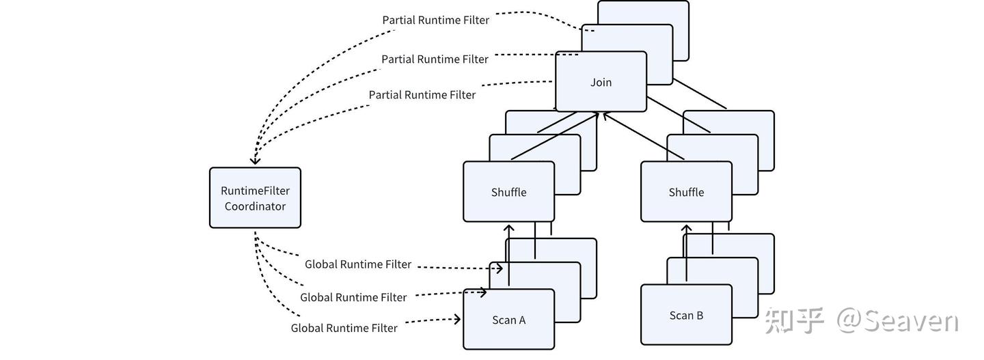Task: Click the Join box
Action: pos(601,82)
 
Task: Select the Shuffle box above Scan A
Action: pos(508,192)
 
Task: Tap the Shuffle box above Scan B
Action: pos(686,192)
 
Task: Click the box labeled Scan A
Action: pos(508,320)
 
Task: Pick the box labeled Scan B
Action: pos(686,316)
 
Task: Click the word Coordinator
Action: pos(255,206)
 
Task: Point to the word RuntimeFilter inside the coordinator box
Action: pos(255,191)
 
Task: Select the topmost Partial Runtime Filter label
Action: pos(435,20)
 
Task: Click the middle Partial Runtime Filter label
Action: pos(435,59)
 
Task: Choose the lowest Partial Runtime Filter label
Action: pos(422,95)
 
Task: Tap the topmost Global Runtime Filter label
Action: pos(358,264)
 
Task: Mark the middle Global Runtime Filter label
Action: pos(353,297)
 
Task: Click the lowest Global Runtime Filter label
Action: pos(344,328)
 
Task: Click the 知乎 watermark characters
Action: pos(794,320)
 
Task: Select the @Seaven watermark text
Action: pos(898,320)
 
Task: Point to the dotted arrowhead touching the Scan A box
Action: pos(458,318)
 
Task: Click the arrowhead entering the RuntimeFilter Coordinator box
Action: pos(254,161)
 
